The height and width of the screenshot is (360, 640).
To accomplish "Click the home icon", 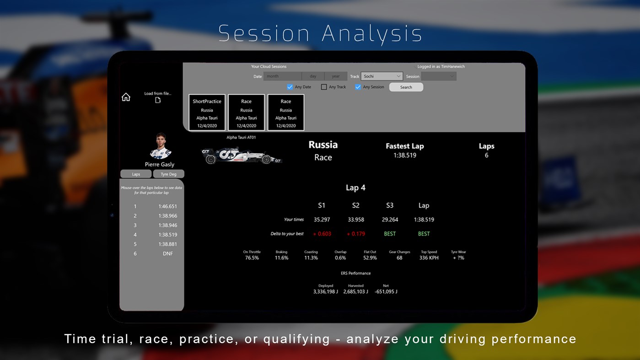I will [126, 97].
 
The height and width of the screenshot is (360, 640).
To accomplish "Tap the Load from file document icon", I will [158, 100].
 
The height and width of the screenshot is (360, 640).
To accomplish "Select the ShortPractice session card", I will [207, 113].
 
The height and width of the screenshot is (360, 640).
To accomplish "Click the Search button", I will [406, 87].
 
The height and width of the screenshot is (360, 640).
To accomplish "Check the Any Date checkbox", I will [290, 87].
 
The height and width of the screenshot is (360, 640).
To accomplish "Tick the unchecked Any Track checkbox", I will [324, 87].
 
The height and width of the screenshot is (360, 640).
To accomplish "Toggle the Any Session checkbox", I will [358, 87].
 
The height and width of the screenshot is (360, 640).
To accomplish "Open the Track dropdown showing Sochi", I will [382, 76].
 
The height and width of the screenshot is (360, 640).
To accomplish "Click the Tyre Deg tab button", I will [168, 174].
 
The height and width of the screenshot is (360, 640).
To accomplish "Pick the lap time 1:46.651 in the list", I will [168, 206].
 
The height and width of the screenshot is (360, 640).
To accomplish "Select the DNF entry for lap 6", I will [168, 253].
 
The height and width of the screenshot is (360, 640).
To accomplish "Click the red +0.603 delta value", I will [322, 234].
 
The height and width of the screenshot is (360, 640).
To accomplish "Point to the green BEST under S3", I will [390, 234].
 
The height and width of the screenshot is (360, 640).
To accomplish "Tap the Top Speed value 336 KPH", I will [429, 258].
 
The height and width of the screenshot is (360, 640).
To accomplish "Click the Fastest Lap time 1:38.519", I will [405, 156].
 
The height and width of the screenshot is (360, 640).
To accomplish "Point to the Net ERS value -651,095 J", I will [386, 292].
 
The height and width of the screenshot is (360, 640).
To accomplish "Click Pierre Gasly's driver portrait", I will [160, 146].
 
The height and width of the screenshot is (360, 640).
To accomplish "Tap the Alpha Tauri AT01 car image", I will [242, 155].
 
